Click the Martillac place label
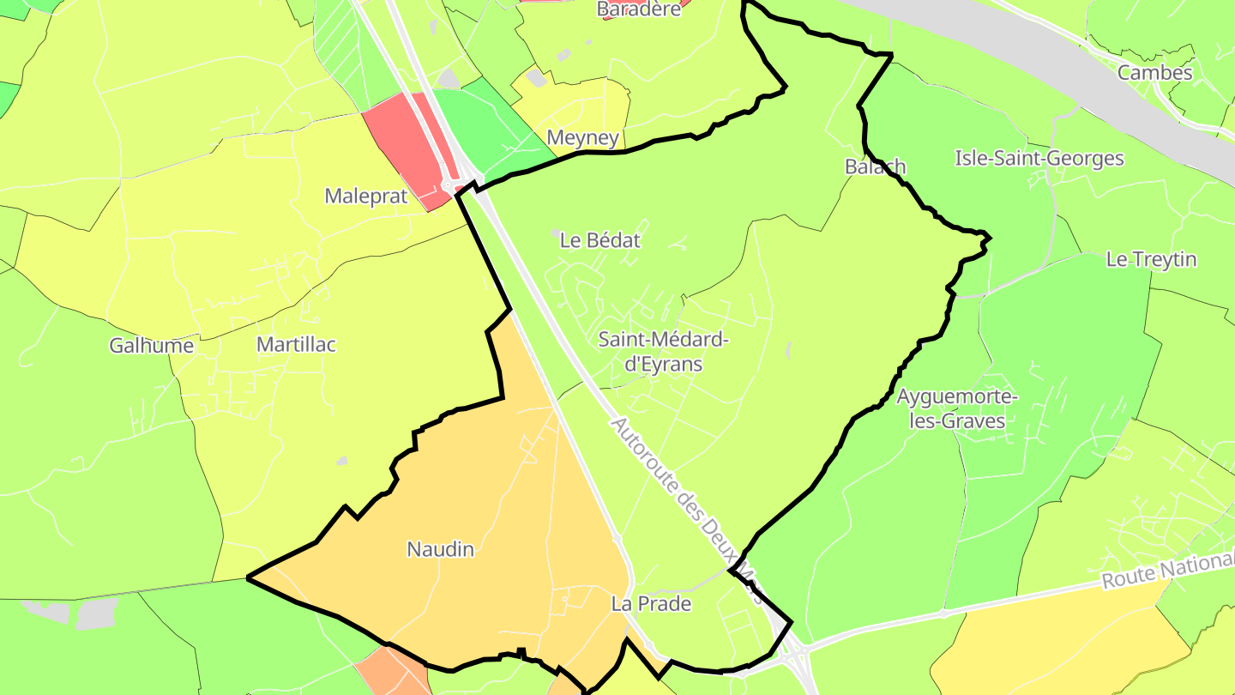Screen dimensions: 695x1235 [296, 345]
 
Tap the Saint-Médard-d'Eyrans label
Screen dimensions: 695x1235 [663, 352]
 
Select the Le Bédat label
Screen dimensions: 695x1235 [599, 240]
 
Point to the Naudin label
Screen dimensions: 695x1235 [440, 549]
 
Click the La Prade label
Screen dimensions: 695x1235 [651, 604]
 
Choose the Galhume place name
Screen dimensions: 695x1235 [151, 346]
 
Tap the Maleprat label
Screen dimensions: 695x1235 [365, 196]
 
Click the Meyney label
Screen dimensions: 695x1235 [582, 137]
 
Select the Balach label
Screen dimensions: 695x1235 [875, 166]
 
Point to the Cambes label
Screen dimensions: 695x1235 [1154, 73]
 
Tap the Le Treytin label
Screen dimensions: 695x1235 [1151, 259]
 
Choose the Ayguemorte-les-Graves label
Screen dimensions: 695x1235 [956, 409]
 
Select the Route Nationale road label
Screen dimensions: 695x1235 [1167, 571]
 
